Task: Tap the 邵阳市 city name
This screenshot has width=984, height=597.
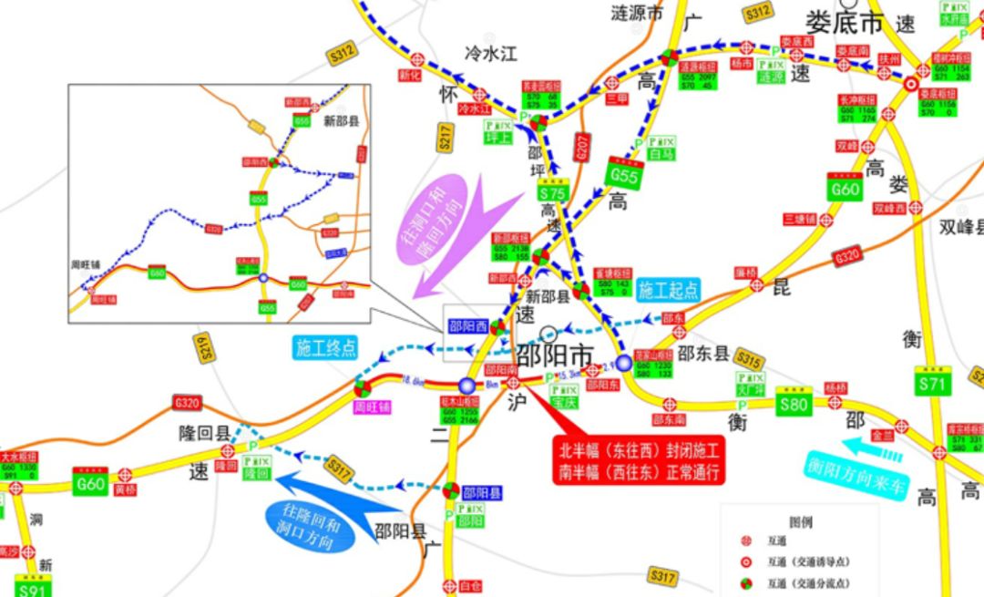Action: (555, 354)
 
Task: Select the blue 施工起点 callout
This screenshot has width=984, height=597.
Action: (668, 290)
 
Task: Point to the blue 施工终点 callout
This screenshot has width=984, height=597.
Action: (325, 347)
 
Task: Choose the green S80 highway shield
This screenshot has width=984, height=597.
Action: (793, 402)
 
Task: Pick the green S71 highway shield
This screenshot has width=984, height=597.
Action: (933, 383)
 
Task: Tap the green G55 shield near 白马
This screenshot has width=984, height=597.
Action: (625, 173)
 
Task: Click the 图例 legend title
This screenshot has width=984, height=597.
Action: (800, 522)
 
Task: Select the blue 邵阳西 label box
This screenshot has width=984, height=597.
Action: (467, 324)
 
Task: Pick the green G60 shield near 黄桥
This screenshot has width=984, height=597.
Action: (89, 483)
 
